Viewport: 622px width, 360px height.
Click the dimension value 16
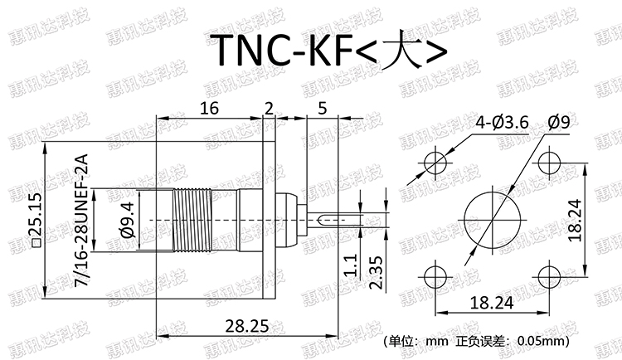tap(209, 108)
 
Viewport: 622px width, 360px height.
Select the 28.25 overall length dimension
tap(247, 326)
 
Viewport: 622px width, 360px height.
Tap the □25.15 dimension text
tap(34, 220)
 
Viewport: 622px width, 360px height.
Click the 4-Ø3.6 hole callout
tap(502, 123)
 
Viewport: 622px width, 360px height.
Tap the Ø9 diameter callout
tap(558, 123)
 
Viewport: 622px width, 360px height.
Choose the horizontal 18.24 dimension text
tap(489, 303)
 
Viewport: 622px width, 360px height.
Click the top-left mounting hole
tap(434, 163)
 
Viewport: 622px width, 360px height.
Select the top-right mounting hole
tap(549, 163)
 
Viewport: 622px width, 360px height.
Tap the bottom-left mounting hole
tap(434, 276)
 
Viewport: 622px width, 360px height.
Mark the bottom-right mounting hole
tap(549, 276)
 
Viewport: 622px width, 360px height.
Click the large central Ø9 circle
tap(491, 219)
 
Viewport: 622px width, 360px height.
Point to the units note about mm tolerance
tap(476, 341)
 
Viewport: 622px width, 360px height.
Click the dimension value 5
tap(322, 108)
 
